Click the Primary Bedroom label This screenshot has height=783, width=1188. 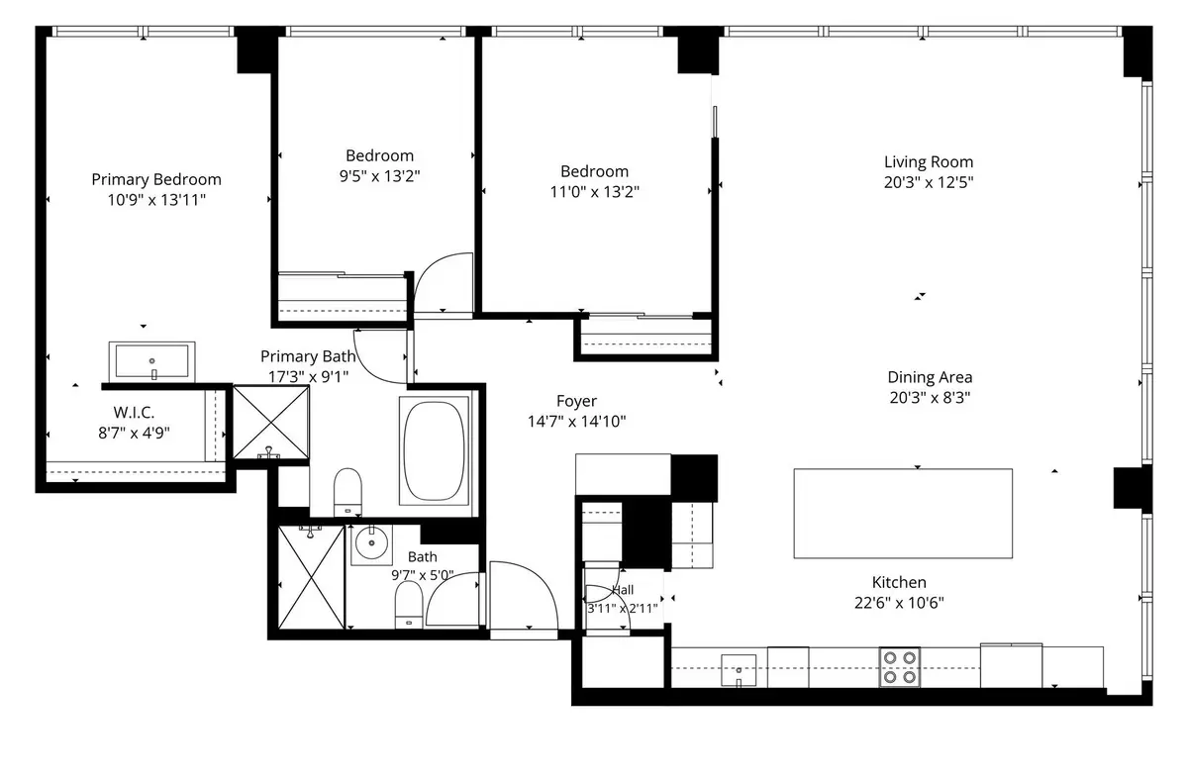coord(156,180)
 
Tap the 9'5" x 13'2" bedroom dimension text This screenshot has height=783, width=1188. coord(380,176)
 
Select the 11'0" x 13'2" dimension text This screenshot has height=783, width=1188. coord(595,191)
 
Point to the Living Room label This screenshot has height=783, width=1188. coord(929,162)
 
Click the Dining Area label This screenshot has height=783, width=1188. coord(930,377)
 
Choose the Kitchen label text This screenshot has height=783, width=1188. coord(899,583)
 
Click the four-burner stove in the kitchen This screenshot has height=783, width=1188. coord(900,667)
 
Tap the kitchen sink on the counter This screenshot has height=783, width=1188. coord(739,670)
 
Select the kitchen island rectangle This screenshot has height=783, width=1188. coord(903,513)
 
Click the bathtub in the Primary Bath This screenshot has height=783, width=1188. coord(434,451)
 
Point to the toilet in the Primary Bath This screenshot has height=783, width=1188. coord(347,491)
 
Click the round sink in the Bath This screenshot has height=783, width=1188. coord(371,543)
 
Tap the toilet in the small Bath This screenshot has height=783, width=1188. coord(408,605)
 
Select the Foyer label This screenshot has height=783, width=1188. coord(576,401)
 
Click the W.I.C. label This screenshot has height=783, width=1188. coord(134,413)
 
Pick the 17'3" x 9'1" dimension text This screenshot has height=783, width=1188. coord(308,377)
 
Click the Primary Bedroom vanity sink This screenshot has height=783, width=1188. coord(152,361)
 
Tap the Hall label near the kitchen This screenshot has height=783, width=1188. coord(623,590)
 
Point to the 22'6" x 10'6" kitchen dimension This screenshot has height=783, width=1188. coord(899,603)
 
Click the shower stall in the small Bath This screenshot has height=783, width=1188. coord(311,577)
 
